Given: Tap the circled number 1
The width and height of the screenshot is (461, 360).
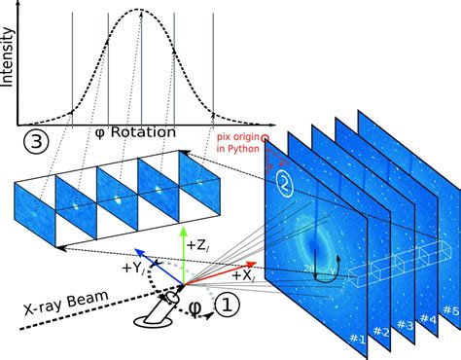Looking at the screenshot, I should pos(224,306).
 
